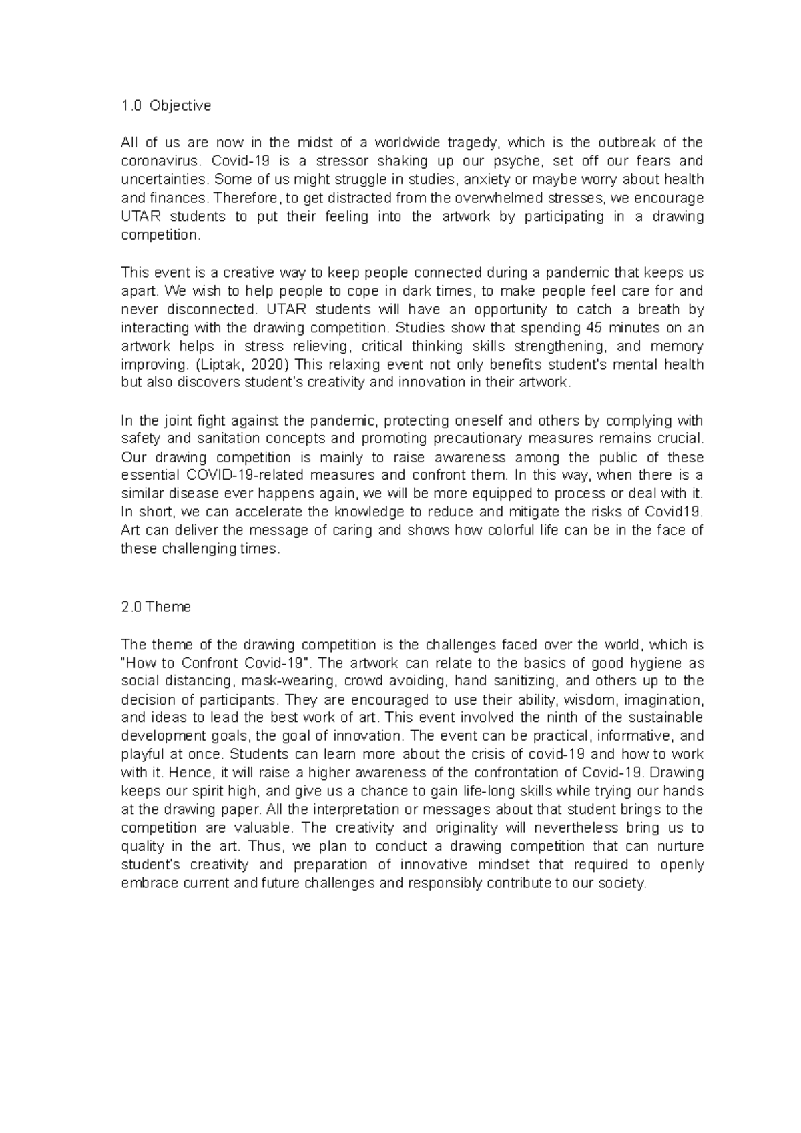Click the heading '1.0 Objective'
[166, 105]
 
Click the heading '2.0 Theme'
[156, 607]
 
